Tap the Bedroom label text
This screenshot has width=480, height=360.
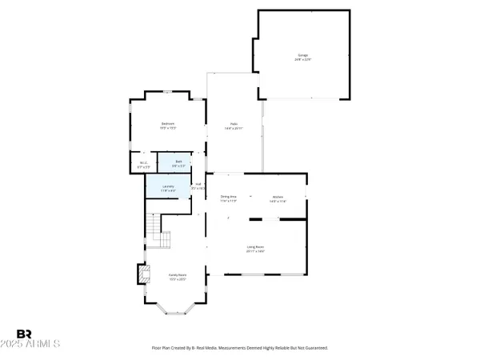tap(168, 123)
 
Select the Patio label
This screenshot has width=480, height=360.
tap(234, 123)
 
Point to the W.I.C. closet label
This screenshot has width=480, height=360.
tap(144, 163)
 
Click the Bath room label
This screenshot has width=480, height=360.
tap(179, 162)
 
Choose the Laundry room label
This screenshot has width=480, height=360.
tap(168, 187)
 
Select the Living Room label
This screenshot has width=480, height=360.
tap(256, 247)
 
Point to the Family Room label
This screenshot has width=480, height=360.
tap(178, 275)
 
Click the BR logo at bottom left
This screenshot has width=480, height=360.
tap(25, 333)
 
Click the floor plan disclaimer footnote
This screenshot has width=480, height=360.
tap(240, 348)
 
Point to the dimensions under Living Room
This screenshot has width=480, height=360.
tap(256, 252)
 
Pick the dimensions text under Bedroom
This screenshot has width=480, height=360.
tap(168, 128)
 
